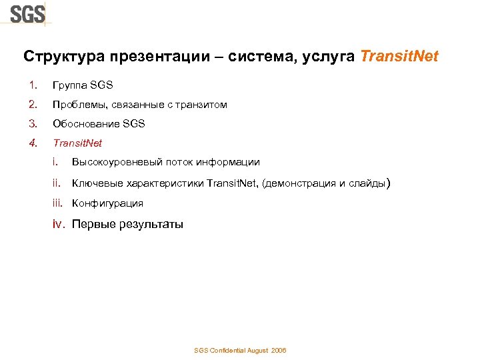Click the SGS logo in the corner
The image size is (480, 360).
click(x=27, y=13)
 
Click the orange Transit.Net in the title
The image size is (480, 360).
click(x=399, y=57)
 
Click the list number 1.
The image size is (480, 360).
click(x=32, y=85)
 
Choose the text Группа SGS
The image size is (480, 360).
click(x=83, y=85)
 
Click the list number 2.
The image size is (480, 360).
click(x=32, y=105)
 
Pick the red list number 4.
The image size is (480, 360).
click(x=32, y=143)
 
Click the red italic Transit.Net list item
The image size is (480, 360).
click(x=77, y=143)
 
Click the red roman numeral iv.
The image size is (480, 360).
click(x=59, y=224)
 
